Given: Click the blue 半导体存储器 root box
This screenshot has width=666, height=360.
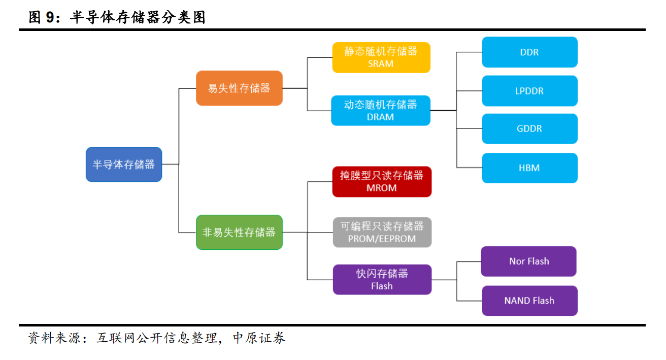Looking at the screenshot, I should tap(124, 165).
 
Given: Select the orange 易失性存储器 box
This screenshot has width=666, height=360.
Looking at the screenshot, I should tap(239, 88).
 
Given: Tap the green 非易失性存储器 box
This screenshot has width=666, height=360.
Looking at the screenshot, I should tap(239, 233).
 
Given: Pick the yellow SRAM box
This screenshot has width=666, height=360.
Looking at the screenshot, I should tap(381, 57).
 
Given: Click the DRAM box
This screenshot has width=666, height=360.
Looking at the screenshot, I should tap(381, 111).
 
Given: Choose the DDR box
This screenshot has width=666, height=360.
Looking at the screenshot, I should tap(529, 52).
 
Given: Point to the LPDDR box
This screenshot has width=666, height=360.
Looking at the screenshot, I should tap(529, 91).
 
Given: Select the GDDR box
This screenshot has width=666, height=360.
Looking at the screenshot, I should tap(529, 129).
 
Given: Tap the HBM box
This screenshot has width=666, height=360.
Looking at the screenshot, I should tap(529, 168).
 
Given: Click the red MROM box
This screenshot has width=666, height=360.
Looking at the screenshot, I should tap(382, 182).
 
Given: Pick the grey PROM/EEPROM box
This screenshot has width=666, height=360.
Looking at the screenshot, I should tap(382, 233).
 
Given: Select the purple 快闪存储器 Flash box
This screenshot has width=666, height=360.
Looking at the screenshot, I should tap(382, 280).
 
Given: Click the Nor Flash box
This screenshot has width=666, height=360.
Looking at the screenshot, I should tap(529, 261).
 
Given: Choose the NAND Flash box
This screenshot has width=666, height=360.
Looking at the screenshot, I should tap(529, 301).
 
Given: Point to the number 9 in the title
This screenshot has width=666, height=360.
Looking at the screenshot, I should tap(50, 18).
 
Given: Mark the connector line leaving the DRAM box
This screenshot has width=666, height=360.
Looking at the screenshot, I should tap(443, 111).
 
